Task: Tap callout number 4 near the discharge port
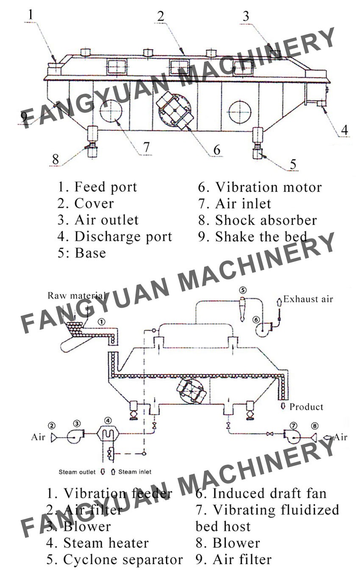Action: click(345, 129)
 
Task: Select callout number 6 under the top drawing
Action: click(216, 149)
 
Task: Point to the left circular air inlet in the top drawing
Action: click(111, 111)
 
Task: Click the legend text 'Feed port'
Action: click(105, 187)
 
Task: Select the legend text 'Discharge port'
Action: click(123, 237)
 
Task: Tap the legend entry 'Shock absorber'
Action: click(266, 220)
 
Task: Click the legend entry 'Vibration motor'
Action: click(268, 187)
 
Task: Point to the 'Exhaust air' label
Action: click(308, 299)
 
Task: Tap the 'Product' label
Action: click(306, 407)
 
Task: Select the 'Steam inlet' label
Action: click(134, 471)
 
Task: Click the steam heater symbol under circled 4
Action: click(108, 434)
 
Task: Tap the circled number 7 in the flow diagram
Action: click(294, 425)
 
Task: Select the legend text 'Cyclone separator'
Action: click(123, 560)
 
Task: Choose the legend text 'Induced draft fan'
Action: click(269, 493)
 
